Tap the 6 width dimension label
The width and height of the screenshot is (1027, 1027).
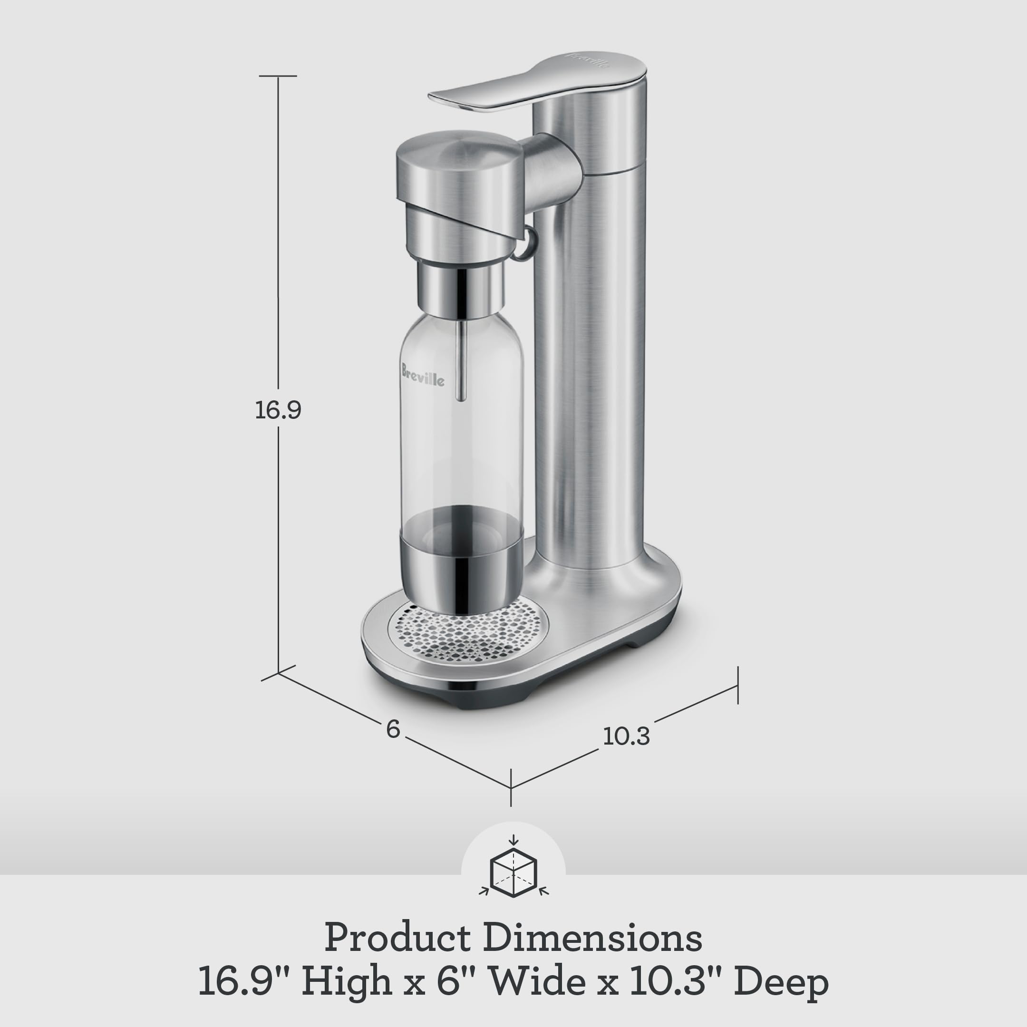[393, 729]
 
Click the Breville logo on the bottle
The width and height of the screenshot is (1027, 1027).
[423, 375]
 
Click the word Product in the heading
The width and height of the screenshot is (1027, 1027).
[397, 938]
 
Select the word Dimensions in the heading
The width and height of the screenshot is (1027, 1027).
[593, 938]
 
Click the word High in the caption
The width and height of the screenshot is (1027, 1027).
[347, 981]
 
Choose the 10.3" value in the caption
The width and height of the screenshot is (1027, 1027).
[678, 981]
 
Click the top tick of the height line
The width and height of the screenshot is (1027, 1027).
[278, 76]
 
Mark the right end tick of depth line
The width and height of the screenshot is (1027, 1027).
[738, 686]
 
